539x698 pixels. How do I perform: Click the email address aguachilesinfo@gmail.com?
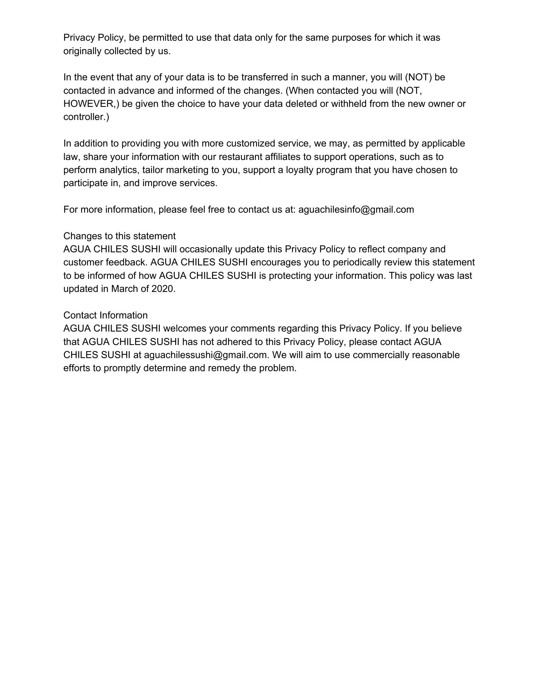356,210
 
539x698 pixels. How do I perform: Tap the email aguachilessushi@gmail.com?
206,355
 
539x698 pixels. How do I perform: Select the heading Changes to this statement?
119,236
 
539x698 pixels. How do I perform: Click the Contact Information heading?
105,315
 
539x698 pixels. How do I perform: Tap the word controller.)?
86,117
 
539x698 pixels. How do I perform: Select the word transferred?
270,77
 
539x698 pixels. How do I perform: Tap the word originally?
82,51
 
